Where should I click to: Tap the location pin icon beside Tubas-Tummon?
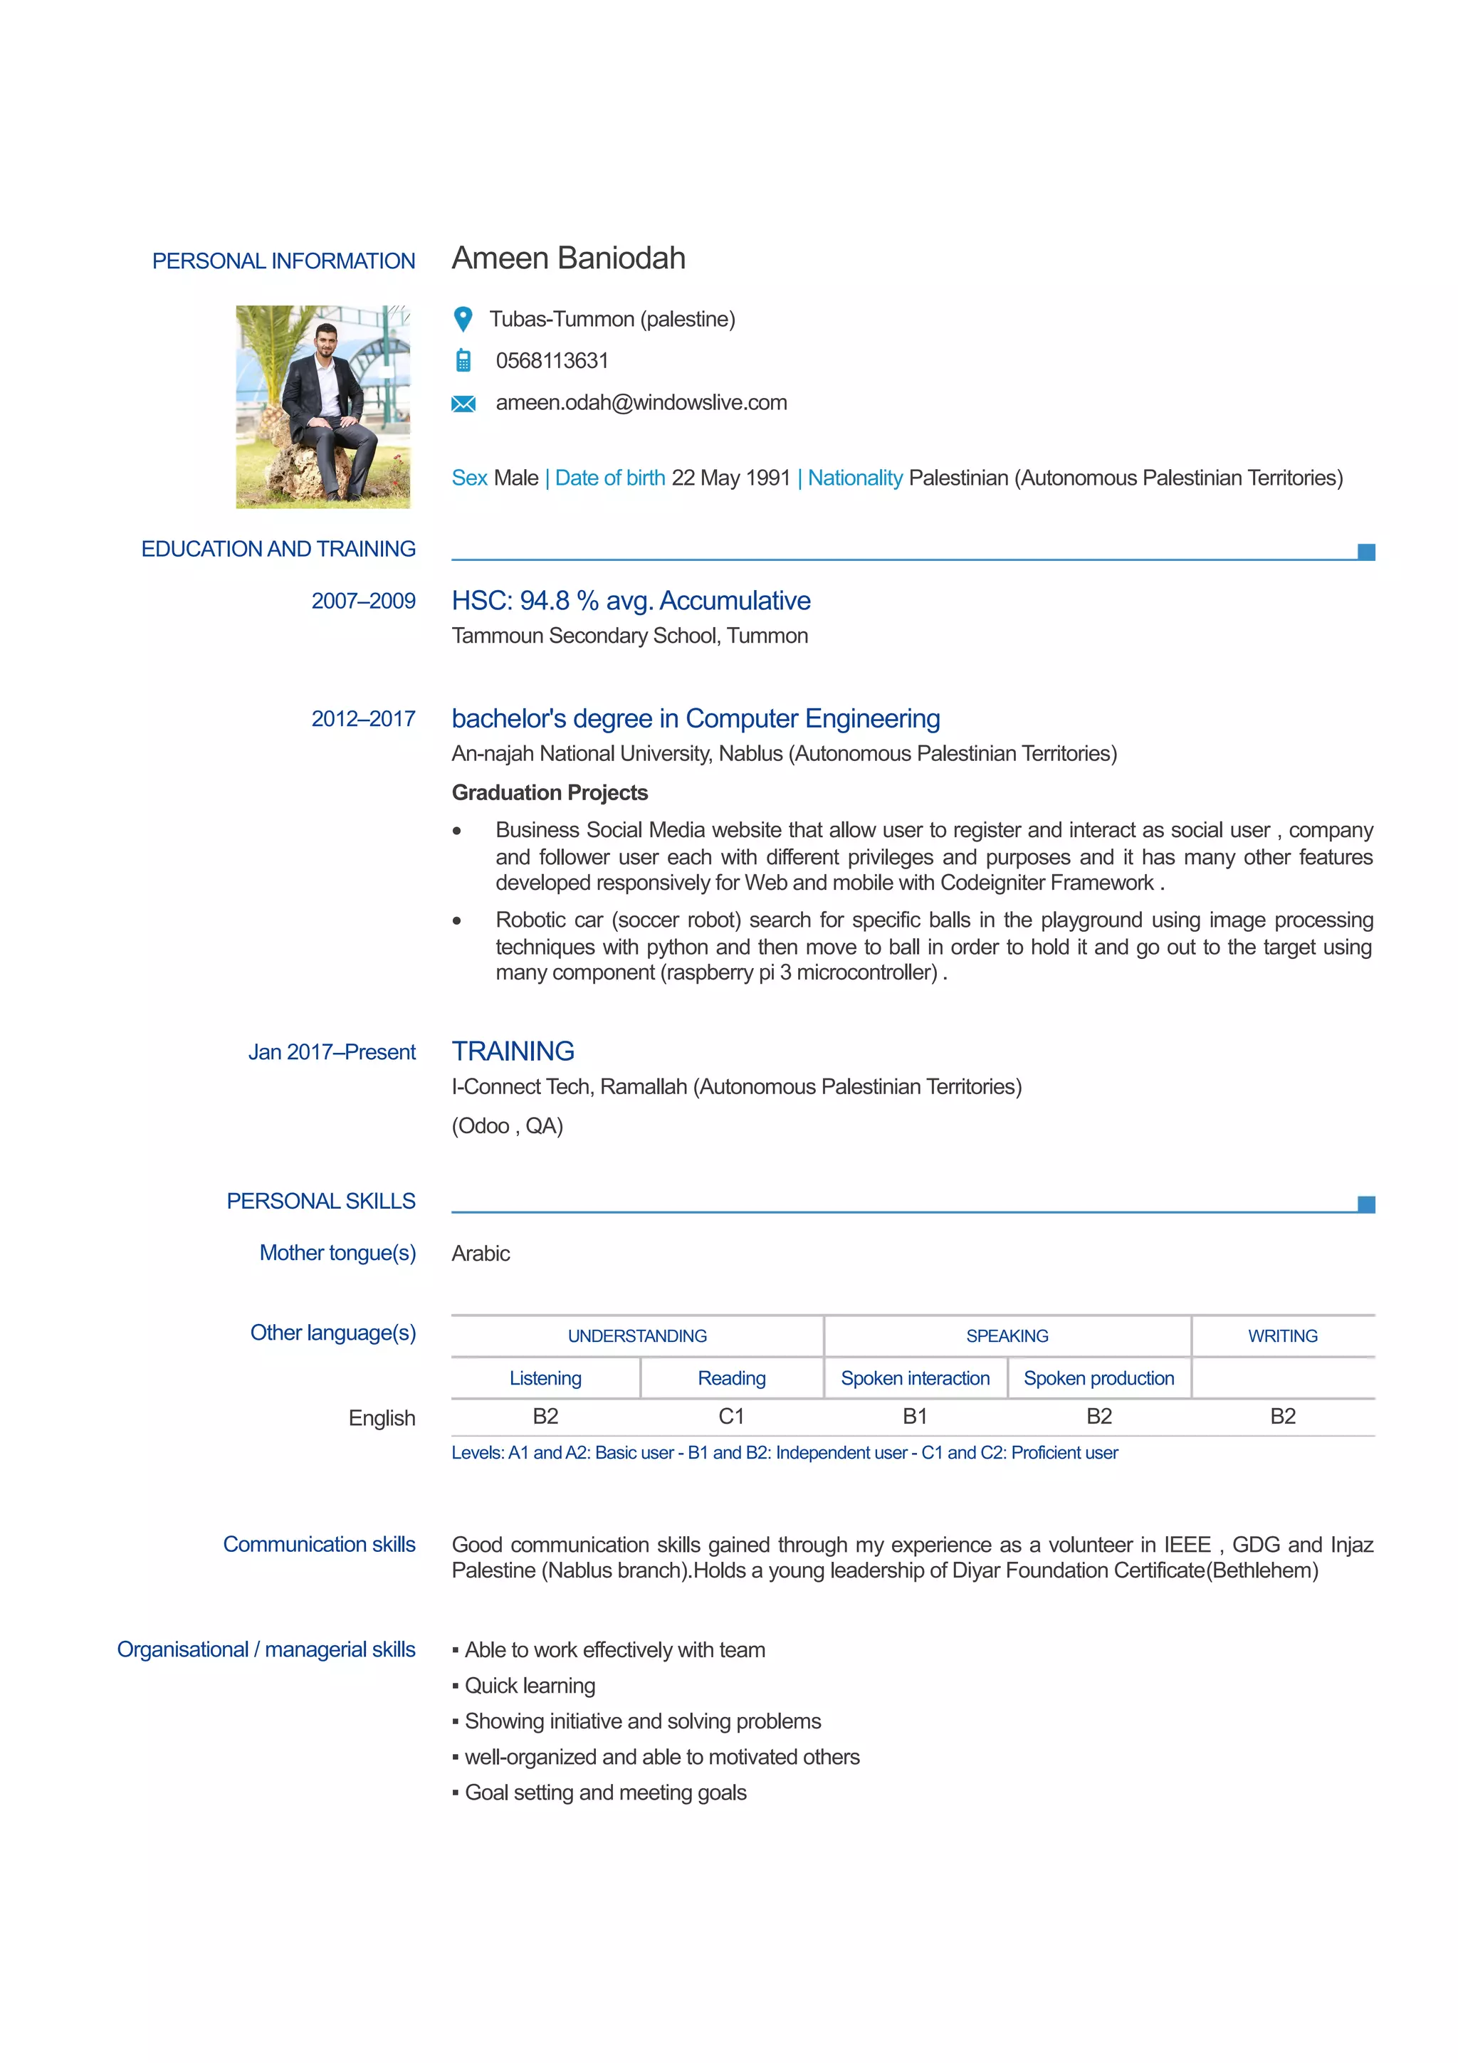point(463,319)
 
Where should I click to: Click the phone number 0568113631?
point(552,360)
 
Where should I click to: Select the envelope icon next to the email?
point(463,404)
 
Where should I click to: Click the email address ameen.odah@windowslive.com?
point(641,402)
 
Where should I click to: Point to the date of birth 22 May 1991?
point(730,478)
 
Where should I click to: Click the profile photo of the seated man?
point(322,406)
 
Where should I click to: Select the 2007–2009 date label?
point(363,601)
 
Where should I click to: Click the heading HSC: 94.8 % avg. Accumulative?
point(631,600)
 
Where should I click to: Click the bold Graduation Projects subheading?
point(549,792)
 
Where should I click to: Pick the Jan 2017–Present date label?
point(332,1052)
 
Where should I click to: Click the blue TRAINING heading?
point(513,1051)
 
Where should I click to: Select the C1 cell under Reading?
point(731,1416)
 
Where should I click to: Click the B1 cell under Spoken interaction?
point(915,1416)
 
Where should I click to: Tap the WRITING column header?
point(1282,1336)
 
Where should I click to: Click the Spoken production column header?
point(1098,1378)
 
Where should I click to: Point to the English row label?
point(382,1418)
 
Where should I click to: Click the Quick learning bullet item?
point(529,1686)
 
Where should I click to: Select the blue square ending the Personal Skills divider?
point(1365,1204)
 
